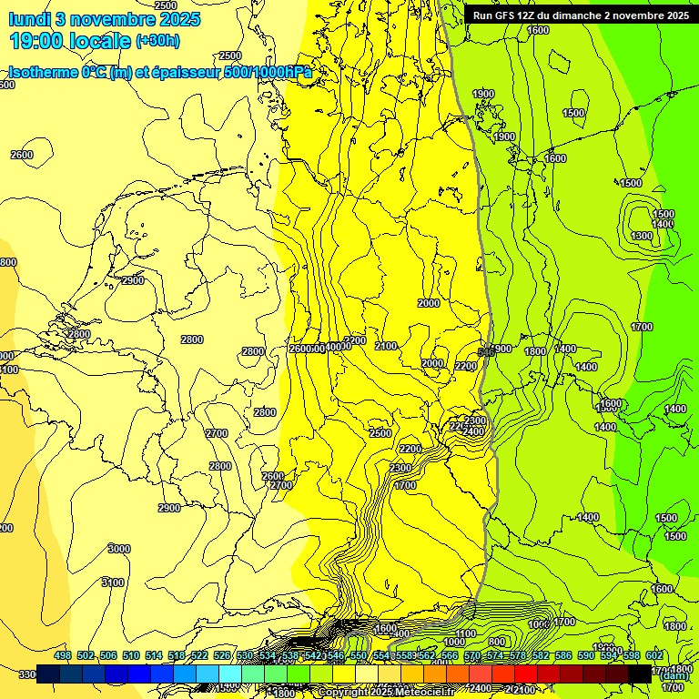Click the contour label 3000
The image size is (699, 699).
tap(118, 548)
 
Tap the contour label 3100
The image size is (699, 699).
tap(112, 582)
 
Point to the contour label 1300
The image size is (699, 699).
tap(642, 236)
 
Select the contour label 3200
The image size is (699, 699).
tap(355, 340)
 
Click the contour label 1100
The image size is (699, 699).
tap(466, 633)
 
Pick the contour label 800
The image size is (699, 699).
tap(497, 643)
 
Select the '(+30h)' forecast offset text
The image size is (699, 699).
tap(157, 41)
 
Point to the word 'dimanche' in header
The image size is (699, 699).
tap(588, 15)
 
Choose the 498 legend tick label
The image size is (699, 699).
tap(63, 655)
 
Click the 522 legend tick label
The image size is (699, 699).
tap(199, 655)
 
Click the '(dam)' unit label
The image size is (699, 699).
tap(674, 675)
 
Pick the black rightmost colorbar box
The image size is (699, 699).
tap(640, 674)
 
